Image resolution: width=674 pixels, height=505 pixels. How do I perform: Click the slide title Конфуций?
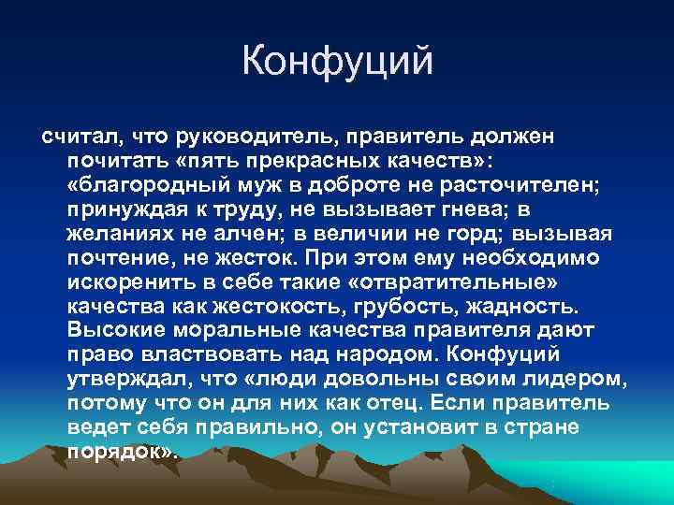337,61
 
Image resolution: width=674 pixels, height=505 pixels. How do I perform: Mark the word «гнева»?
492,209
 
